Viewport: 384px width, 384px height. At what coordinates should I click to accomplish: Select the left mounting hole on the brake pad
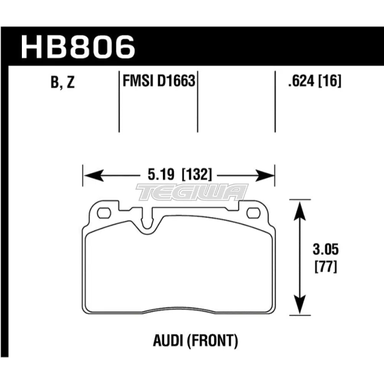pos(103,212)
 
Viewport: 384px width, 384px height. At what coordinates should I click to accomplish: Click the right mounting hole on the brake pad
pos(253,212)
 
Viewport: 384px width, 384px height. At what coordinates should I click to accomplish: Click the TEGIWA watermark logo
pos(192,192)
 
